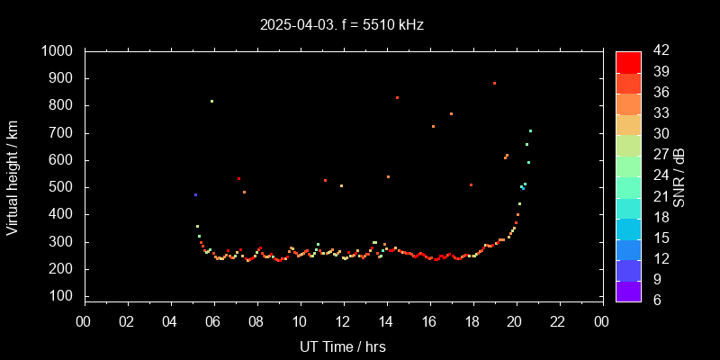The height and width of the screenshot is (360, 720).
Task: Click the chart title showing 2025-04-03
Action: pyautogui.click(x=342, y=25)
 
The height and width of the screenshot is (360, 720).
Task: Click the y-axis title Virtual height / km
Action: pyautogui.click(x=13, y=177)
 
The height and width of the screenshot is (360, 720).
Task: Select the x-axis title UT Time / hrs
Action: pyautogui.click(x=343, y=346)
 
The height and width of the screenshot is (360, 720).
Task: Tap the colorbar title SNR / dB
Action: pyautogui.click(x=679, y=177)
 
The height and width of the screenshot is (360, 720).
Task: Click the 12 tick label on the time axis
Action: pyautogui.click(x=343, y=321)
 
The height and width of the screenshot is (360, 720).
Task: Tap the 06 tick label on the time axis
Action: pyautogui.click(x=213, y=321)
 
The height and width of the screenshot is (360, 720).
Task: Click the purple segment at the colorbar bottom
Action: pyautogui.click(x=628, y=291)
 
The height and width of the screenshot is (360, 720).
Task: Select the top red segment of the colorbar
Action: pyautogui.click(x=628, y=61)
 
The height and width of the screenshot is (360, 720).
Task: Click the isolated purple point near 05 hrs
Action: pyautogui.click(x=195, y=194)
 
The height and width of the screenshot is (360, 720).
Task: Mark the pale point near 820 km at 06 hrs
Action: pyautogui.click(x=211, y=101)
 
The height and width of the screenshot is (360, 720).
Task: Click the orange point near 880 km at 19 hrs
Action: pyautogui.click(x=494, y=83)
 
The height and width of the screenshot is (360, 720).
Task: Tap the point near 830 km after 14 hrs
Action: pyautogui.click(x=397, y=97)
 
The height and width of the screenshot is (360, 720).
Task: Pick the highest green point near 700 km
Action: pyautogui.click(x=530, y=130)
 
